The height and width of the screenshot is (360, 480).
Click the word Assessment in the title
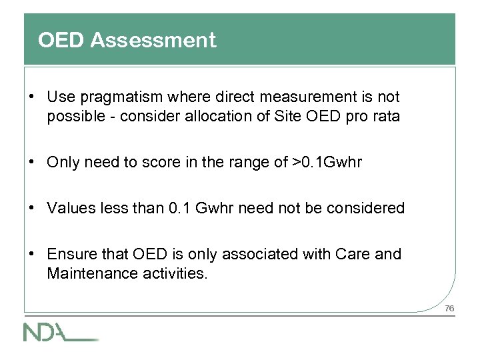coord(153,41)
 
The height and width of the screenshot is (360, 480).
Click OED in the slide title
coord(61,41)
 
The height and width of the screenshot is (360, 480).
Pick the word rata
coord(385,117)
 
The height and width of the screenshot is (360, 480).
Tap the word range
coord(242,163)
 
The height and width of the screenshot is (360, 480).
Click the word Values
coord(69,209)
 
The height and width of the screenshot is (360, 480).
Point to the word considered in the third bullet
coord(367,209)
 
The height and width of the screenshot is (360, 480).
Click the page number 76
coord(449,308)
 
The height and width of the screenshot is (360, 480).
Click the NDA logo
coord(60,332)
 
